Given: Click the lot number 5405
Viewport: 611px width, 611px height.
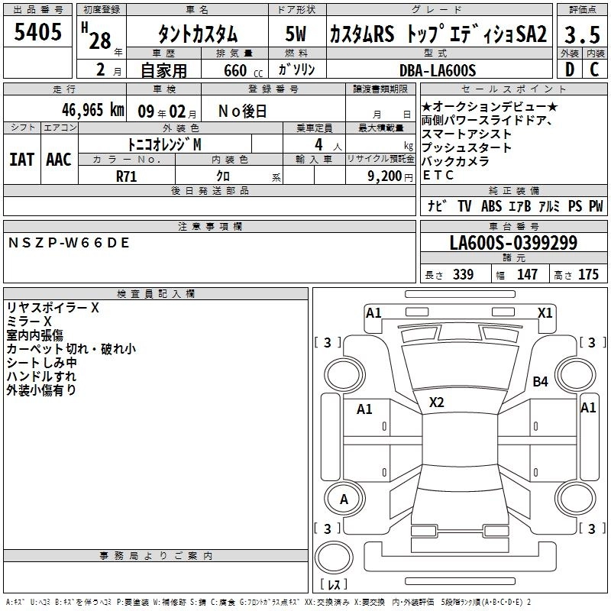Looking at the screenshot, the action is [38, 33].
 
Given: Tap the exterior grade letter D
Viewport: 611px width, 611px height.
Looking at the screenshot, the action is [568, 70].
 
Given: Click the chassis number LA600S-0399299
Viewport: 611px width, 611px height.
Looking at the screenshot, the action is [512, 243].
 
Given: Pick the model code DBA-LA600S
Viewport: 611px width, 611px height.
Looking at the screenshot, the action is [438, 70].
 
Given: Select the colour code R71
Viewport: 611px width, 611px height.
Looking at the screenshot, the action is [128, 176].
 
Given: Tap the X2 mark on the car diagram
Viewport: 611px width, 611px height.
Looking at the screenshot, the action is [437, 402].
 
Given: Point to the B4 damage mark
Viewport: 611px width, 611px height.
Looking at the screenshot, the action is [541, 381].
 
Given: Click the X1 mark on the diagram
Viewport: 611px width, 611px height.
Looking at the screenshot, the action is [545, 312].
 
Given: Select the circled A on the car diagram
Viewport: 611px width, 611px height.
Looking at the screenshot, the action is [344, 499].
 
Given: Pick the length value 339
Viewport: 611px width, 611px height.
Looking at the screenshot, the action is [464, 274].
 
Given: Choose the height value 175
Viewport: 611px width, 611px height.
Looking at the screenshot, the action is [588, 274].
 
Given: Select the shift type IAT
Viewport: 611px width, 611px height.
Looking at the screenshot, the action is [21, 159].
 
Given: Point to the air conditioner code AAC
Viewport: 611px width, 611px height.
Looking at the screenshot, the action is [58, 159].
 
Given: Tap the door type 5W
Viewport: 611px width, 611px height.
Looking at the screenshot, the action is [296, 34].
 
